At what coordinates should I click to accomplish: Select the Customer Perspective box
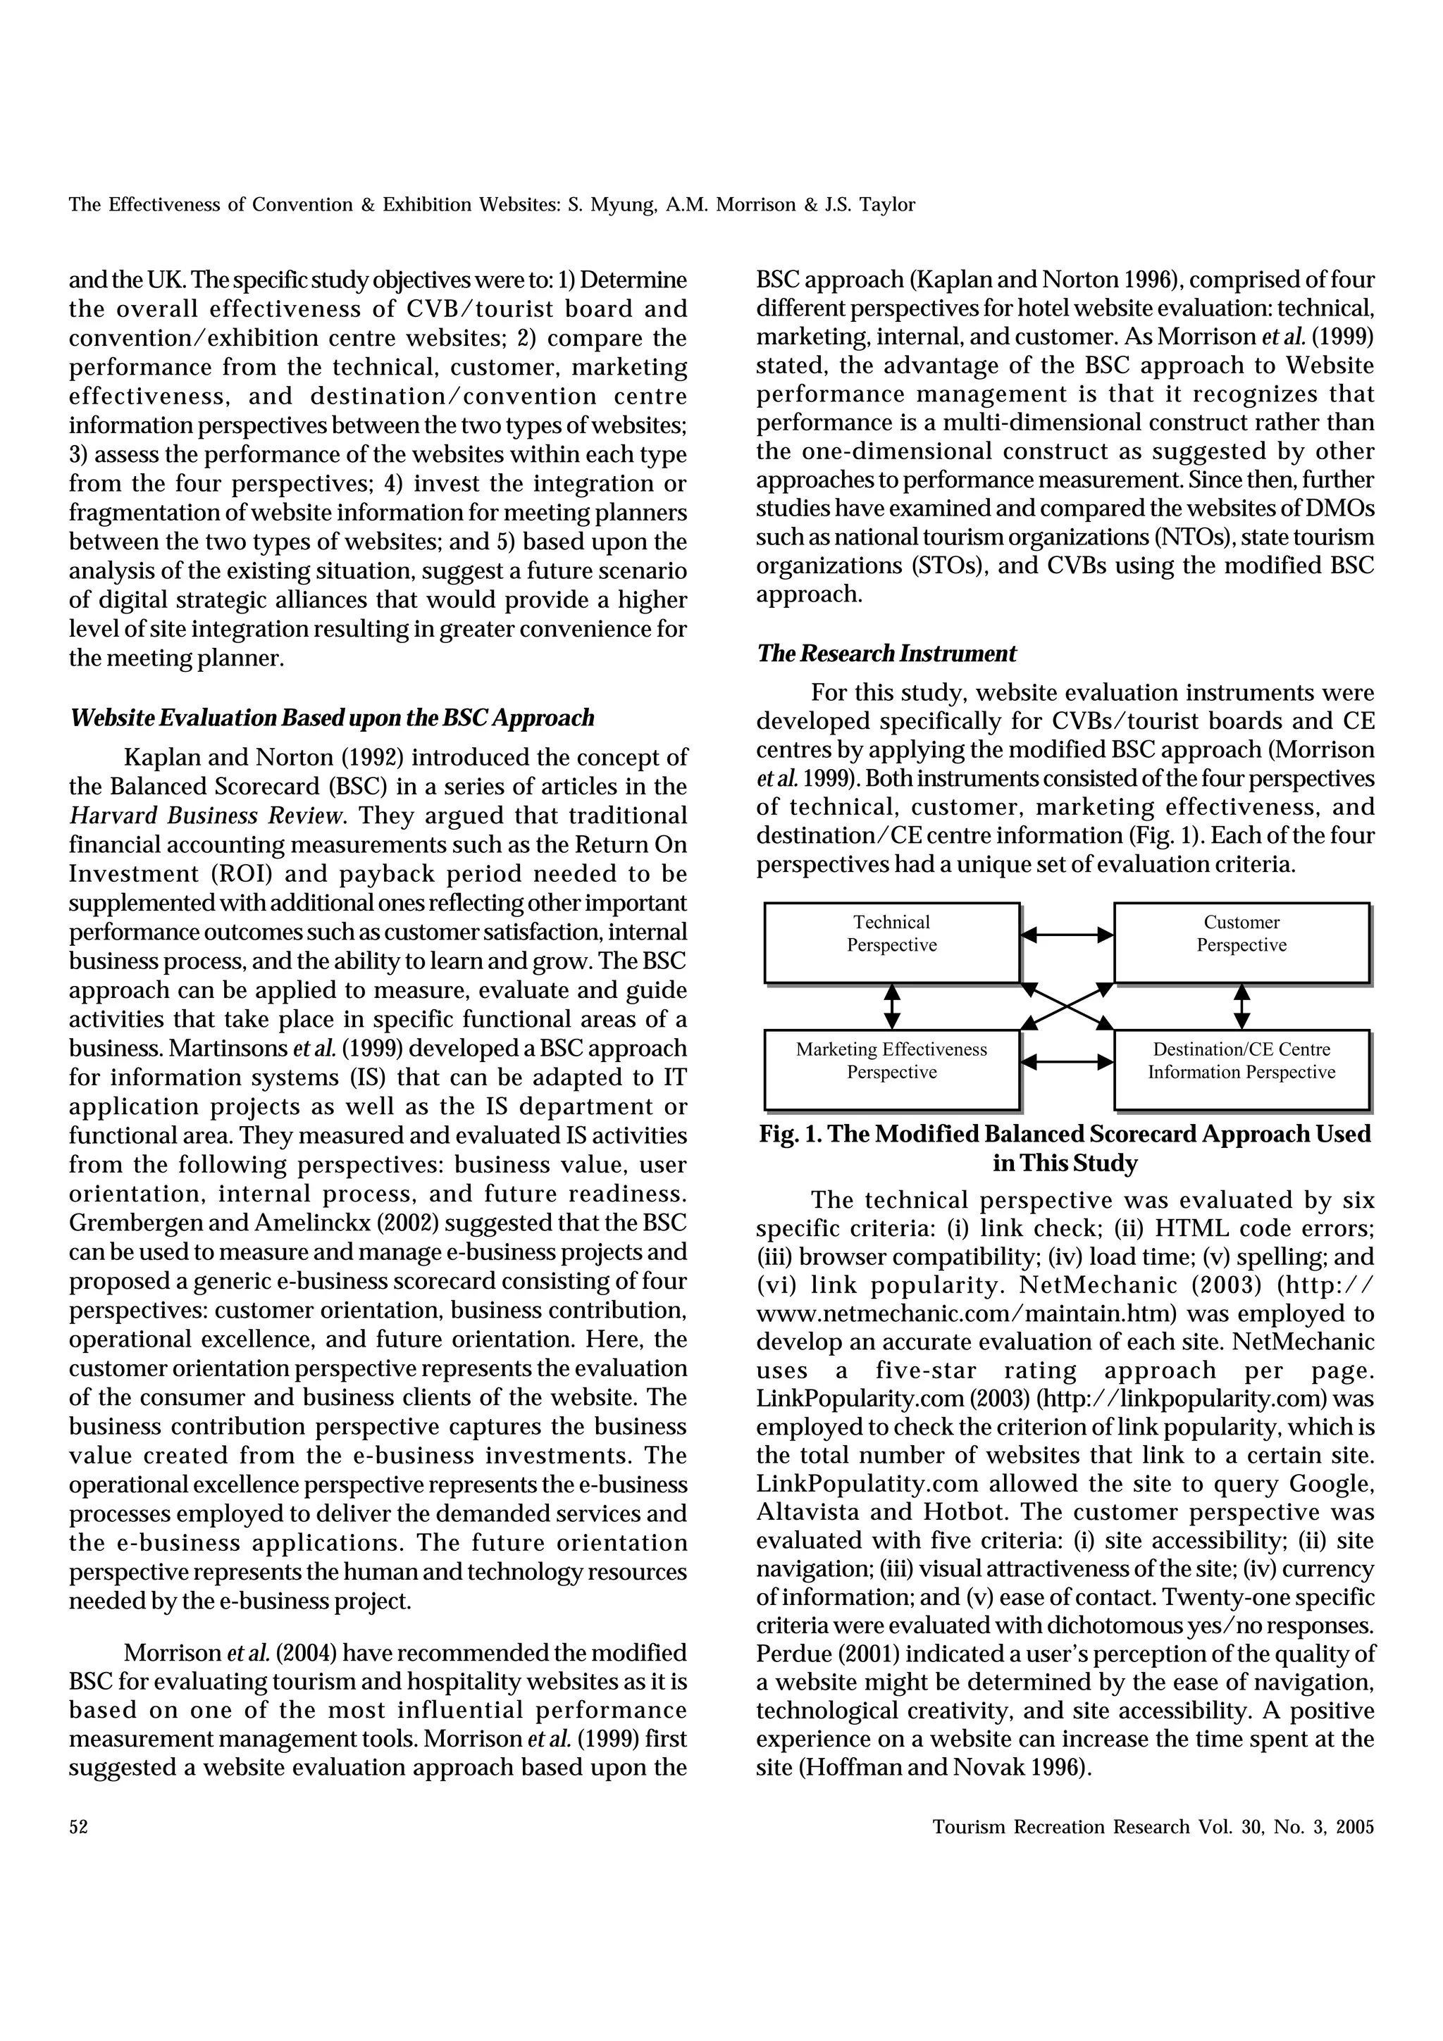[x=1241, y=942]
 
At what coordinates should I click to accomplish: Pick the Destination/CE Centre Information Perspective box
[x=1241, y=1069]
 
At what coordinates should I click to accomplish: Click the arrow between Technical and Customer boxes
[x=1067, y=935]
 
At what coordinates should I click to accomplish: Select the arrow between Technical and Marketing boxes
[x=892, y=1006]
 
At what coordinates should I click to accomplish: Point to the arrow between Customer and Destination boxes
[x=1242, y=1006]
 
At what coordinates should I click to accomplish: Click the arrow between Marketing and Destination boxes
[x=1067, y=1061]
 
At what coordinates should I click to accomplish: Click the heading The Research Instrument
[x=886, y=654]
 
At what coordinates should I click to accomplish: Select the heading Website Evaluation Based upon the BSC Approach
[x=332, y=718]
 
